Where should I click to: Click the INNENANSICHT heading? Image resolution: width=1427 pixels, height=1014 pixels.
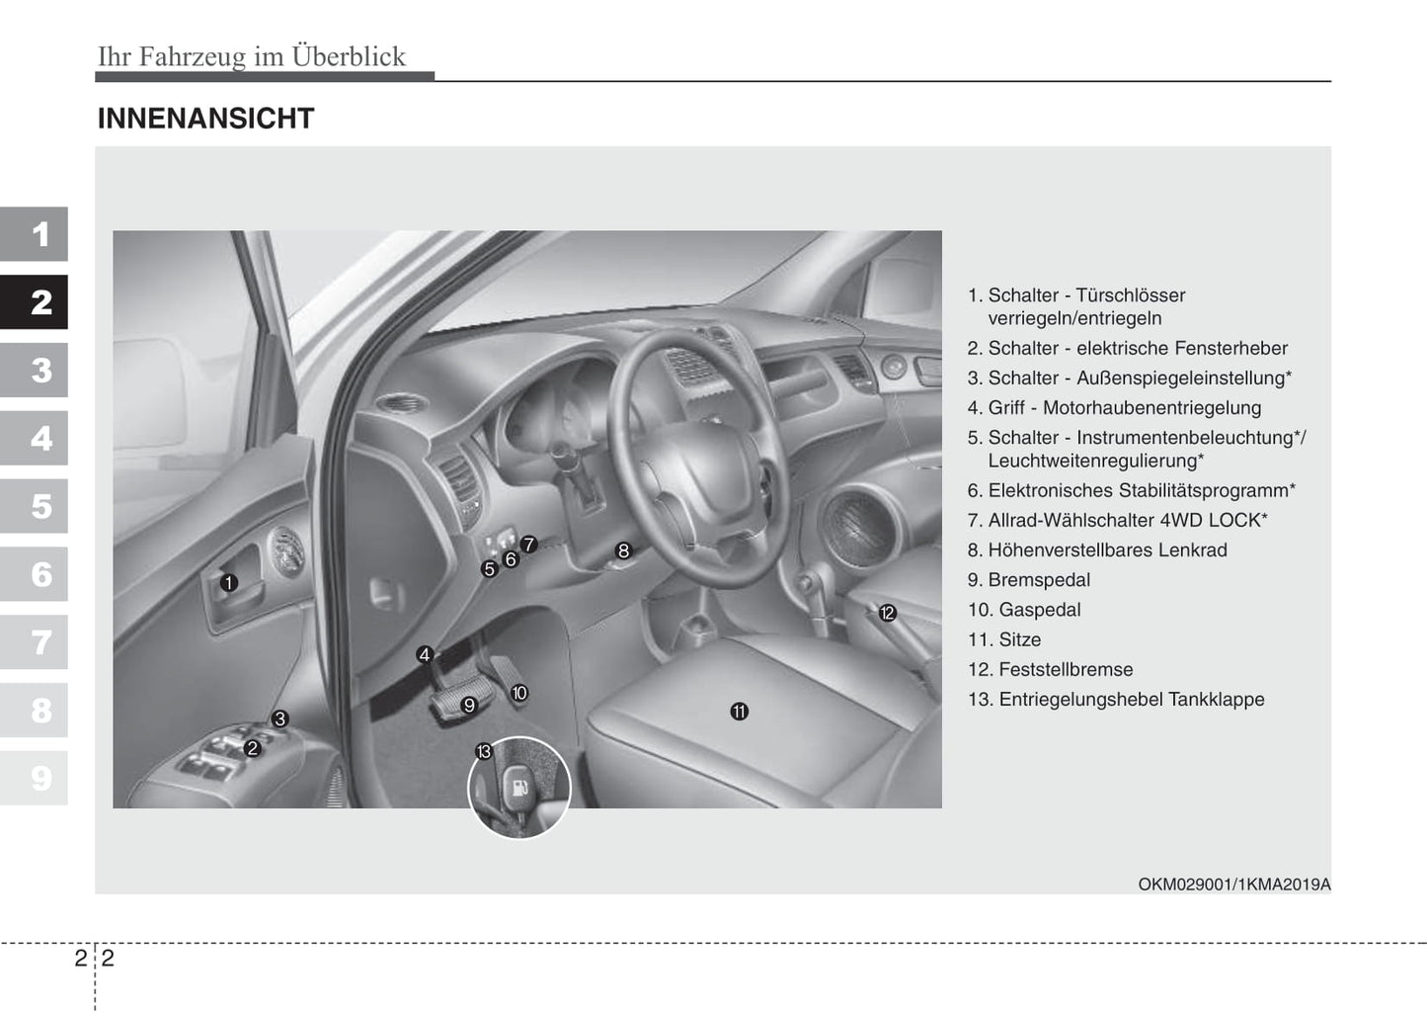tap(205, 119)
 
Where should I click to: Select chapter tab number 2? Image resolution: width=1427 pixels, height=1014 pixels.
tap(36, 302)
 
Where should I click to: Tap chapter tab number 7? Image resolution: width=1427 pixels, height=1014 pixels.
tap(36, 642)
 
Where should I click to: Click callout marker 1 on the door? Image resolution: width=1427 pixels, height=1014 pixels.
tap(229, 583)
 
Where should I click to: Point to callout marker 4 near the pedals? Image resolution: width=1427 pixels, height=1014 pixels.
tap(425, 654)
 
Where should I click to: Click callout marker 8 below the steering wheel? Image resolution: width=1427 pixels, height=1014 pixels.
tap(623, 550)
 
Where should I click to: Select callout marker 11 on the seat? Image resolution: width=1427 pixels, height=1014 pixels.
tap(740, 712)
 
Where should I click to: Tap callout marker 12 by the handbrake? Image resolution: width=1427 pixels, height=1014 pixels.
tap(887, 614)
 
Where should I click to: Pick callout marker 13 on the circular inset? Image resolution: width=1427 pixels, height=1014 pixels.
tap(484, 752)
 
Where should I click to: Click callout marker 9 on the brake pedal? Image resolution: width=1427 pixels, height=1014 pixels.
tap(469, 706)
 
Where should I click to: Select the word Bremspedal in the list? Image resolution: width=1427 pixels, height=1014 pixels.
tap(1039, 580)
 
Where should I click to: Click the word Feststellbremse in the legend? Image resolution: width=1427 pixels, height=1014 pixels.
tap(1066, 669)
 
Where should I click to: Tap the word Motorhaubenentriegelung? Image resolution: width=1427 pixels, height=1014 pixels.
tap(1151, 407)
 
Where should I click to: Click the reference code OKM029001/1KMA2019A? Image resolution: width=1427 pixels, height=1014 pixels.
tap(1233, 885)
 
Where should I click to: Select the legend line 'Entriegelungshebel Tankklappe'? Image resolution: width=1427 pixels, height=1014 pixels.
tap(1132, 699)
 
